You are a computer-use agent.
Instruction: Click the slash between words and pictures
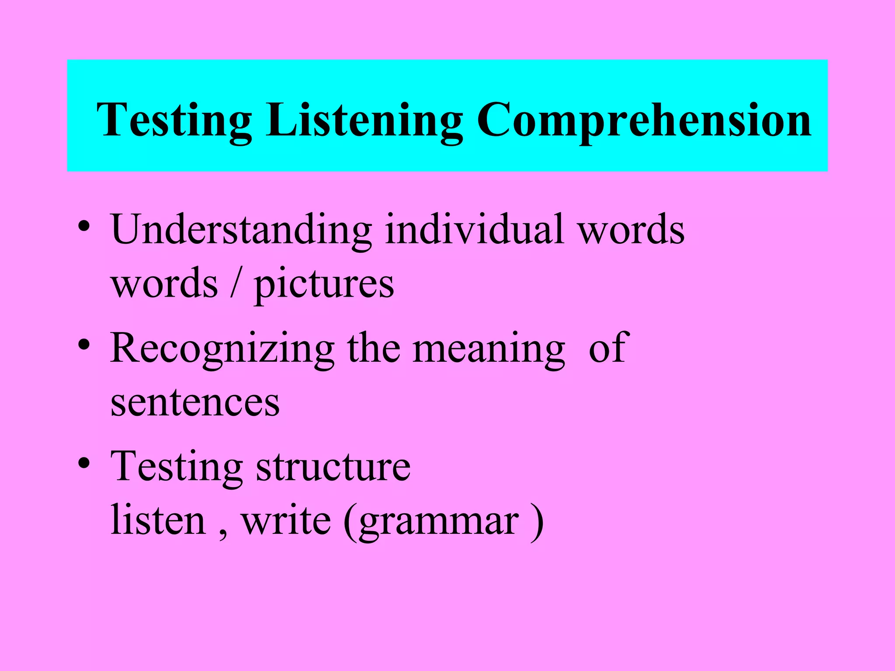tap(236, 284)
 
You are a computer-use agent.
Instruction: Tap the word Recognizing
tap(222, 349)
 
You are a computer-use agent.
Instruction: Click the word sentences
tap(195, 403)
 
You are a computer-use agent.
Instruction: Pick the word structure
tap(333, 467)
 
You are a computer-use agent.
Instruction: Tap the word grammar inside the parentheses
tap(439, 522)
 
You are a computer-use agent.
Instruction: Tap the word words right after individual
tap(631, 230)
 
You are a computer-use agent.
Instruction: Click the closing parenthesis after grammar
tap(537, 521)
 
